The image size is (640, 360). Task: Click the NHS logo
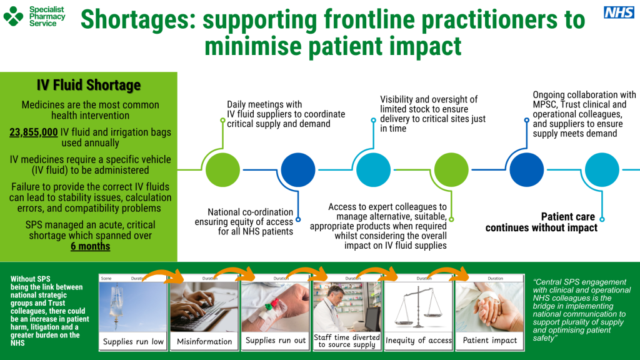[619, 12]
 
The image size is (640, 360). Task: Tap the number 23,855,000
[34, 132]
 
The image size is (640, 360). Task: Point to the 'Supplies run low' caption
[133, 341]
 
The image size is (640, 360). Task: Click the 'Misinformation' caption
[204, 341]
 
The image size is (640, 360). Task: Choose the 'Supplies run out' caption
[276, 341]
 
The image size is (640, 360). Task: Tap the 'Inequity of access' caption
[418, 341]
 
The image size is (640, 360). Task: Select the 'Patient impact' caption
[489, 341]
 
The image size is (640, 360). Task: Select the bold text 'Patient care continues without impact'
[541, 222]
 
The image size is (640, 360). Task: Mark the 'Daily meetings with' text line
[264, 104]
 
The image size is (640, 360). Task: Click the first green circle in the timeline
[222, 170]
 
